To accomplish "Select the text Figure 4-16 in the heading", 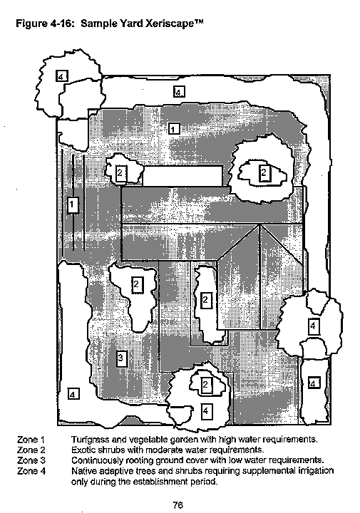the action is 43,24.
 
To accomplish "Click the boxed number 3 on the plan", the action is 120,358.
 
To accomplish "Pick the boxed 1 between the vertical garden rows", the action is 72,205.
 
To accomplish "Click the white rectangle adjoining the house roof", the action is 182,176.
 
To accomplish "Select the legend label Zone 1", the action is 31,440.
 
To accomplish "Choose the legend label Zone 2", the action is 31,450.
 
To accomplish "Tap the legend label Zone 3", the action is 31,460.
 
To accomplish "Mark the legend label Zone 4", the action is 31,471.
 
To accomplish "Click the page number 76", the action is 178,505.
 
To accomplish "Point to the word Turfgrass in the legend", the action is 87,440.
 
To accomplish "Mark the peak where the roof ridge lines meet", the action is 260,224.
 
